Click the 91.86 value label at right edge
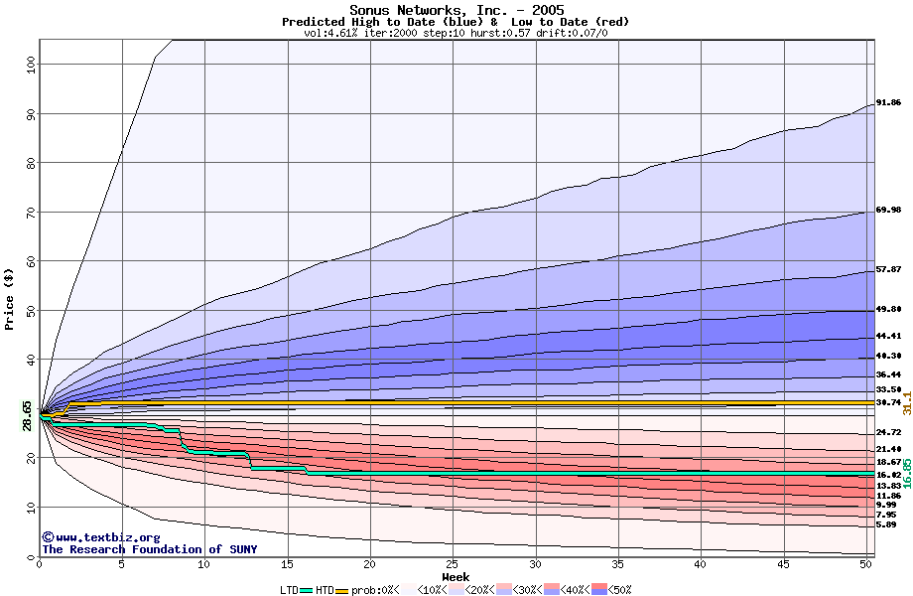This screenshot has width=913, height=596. tap(888, 102)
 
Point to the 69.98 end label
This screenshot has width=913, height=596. tap(888, 211)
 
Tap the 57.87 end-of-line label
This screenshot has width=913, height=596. tap(888, 269)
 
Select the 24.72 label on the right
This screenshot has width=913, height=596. tap(888, 433)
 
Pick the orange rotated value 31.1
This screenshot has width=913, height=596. tap(907, 401)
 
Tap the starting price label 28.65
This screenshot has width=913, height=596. tap(28, 415)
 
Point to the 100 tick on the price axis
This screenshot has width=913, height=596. tap(28, 65)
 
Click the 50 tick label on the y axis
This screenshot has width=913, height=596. tap(28, 310)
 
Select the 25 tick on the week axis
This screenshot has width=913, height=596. tap(453, 564)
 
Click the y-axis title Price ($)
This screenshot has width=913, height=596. tap(10, 298)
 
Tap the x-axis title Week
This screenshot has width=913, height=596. tap(456, 576)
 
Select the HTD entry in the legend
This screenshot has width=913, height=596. tap(324, 590)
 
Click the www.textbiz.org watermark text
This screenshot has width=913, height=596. tap(93, 537)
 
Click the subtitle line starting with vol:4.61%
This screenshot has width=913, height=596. tap(456, 33)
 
